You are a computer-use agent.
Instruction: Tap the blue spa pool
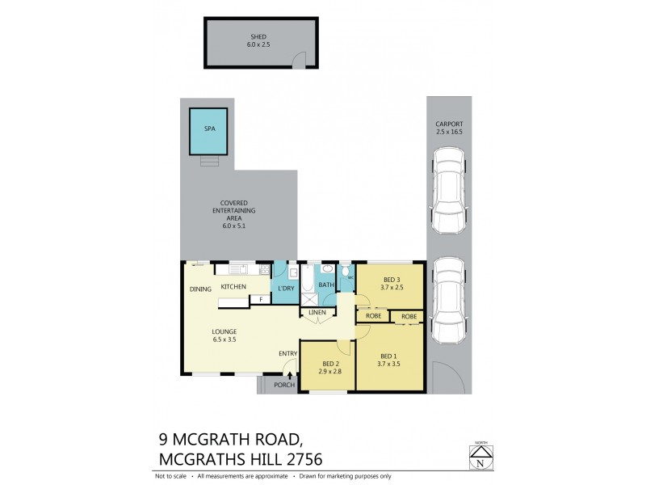click(x=209, y=130)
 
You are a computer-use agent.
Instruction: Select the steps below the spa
click(x=209, y=160)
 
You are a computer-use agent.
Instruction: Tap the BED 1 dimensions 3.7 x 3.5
click(x=388, y=365)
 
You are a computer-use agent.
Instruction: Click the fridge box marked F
click(x=261, y=299)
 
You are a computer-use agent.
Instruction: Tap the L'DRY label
click(x=284, y=289)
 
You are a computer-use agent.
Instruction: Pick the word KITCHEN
click(x=233, y=287)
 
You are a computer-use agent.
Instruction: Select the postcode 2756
click(x=298, y=460)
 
